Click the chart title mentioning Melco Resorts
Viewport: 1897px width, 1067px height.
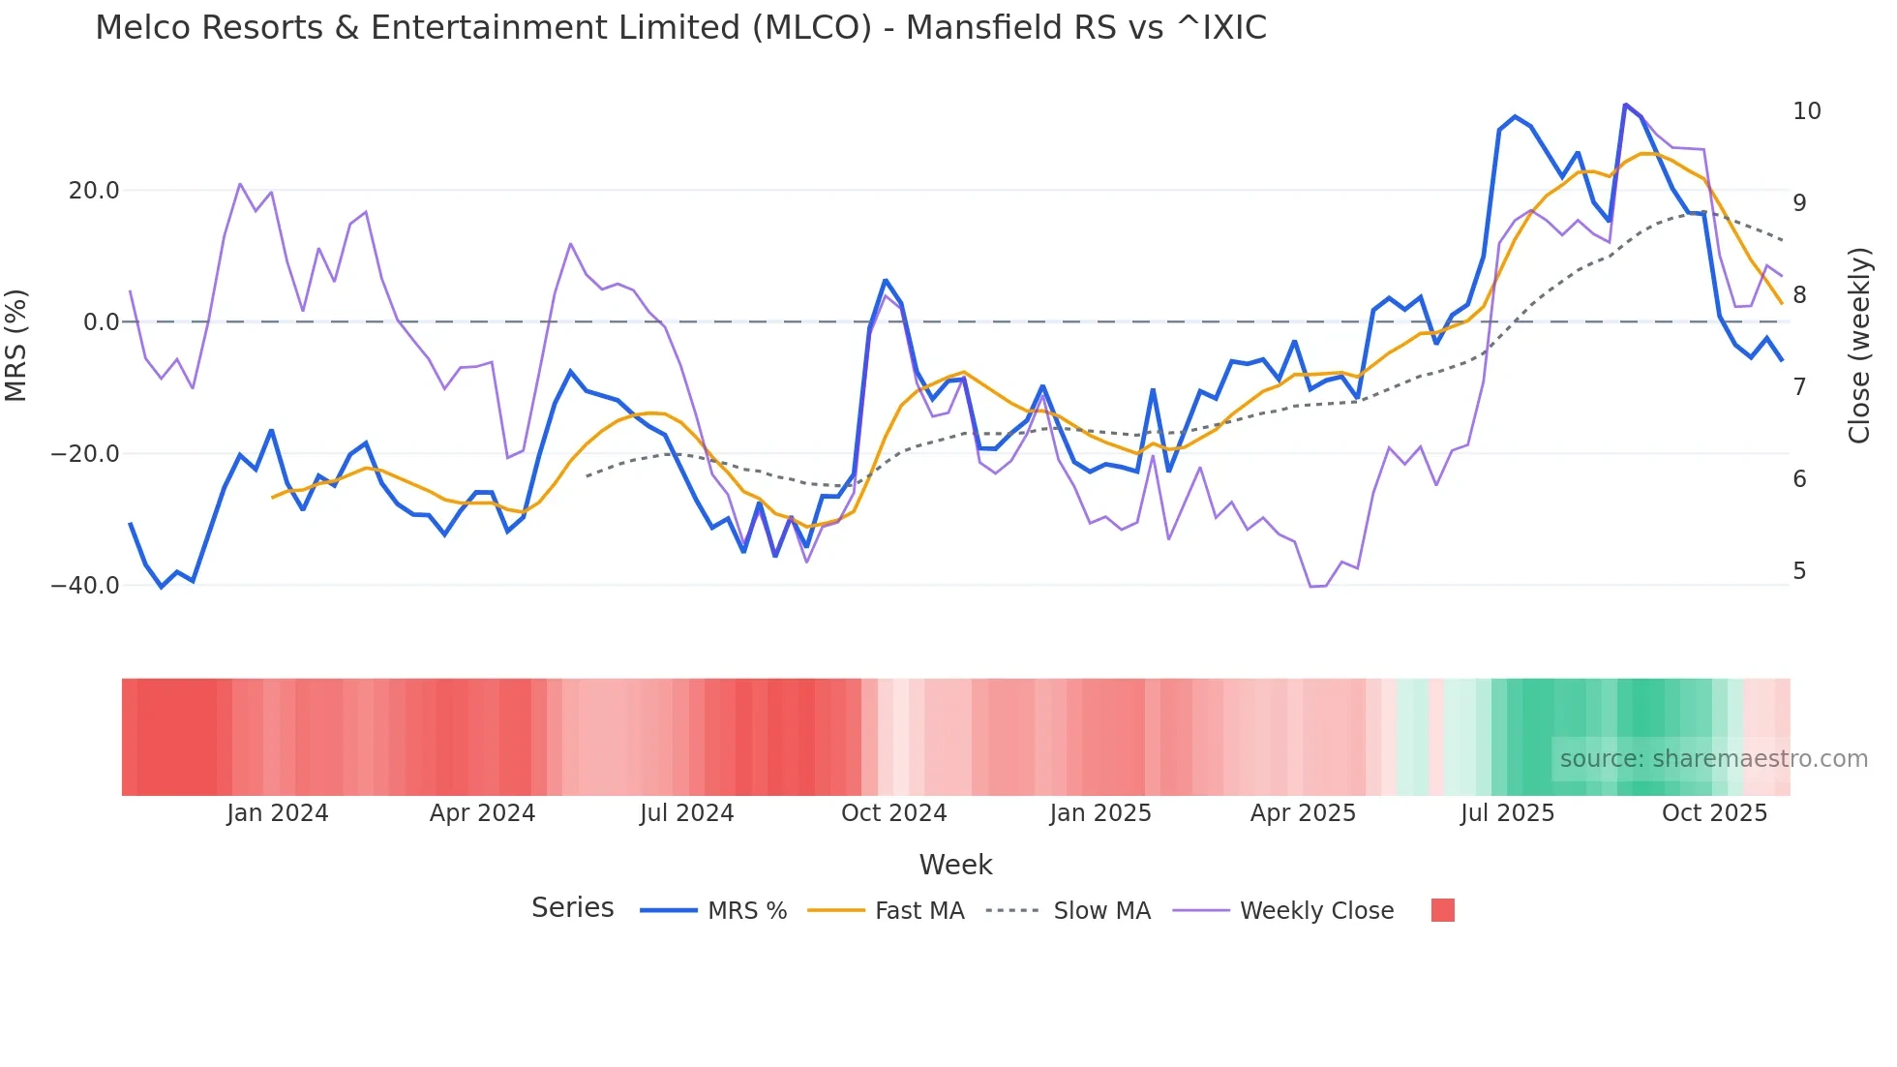(680, 28)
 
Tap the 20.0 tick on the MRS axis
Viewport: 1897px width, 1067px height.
(94, 191)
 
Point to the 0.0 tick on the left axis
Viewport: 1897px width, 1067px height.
(102, 322)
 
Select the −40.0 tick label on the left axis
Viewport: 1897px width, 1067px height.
(85, 586)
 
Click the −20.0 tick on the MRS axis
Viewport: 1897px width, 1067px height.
(85, 454)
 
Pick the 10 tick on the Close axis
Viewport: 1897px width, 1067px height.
(1806, 111)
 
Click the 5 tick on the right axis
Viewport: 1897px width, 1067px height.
(1799, 571)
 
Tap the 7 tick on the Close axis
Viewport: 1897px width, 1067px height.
(1799, 387)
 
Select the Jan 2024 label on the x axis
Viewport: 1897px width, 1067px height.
(278, 813)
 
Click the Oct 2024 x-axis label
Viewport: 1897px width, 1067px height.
(893, 813)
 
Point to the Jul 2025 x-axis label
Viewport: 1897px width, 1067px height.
(1507, 813)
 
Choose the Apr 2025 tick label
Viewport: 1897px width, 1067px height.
(1303, 813)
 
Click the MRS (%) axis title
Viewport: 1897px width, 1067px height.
(16, 346)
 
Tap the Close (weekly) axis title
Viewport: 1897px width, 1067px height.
(1858, 346)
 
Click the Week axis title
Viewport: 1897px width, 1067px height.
(955, 865)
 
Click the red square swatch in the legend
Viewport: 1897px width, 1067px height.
(1442, 910)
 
